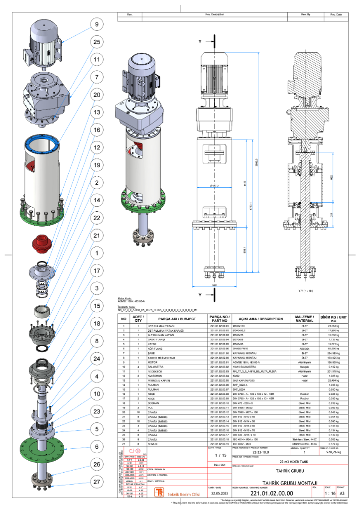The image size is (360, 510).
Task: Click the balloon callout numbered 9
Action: pyautogui.click(x=96, y=24)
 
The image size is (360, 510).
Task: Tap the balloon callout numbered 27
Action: pyautogui.click(x=96, y=482)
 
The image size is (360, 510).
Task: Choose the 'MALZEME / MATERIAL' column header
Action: pyautogui.click(x=303, y=318)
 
